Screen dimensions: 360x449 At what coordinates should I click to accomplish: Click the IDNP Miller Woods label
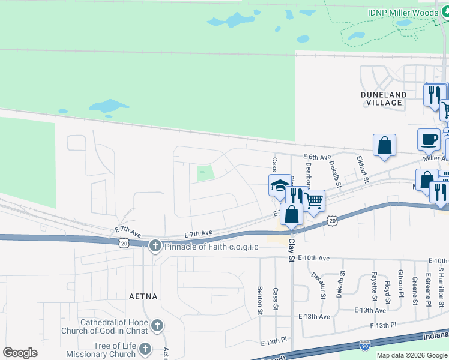coord(402,13)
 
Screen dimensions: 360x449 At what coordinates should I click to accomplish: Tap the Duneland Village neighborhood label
coord(384,98)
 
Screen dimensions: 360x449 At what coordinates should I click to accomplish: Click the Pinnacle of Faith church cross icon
coord(155,246)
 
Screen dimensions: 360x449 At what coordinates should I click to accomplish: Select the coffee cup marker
coord(429,139)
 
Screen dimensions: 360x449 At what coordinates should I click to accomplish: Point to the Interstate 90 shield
coord(365,345)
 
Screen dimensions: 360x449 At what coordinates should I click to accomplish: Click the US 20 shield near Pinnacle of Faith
coord(124,243)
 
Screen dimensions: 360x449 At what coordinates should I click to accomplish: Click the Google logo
coord(20,353)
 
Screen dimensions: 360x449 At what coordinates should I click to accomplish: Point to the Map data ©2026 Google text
coord(412,355)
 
